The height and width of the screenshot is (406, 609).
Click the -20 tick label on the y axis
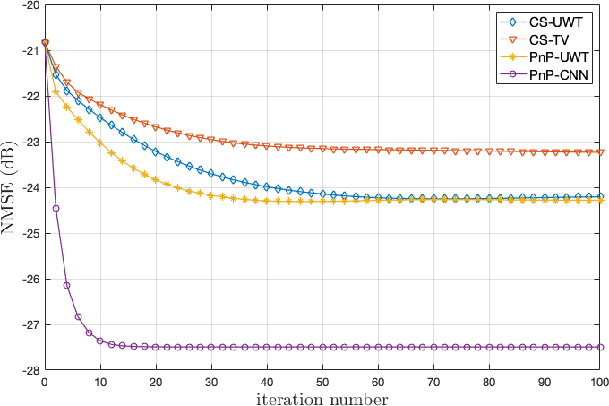(27, 5)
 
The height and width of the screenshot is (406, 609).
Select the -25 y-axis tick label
(27, 233)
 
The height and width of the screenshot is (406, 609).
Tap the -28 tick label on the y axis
(27, 370)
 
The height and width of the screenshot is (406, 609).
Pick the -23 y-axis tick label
(27, 142)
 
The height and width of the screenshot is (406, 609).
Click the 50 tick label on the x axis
(322, 381)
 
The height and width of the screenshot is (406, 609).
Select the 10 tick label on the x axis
(100, 381)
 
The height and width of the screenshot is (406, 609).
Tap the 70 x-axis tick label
(433, 381)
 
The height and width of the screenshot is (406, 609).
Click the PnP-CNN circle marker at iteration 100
(600, 347)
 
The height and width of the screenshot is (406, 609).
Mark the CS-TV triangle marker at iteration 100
(600, 152)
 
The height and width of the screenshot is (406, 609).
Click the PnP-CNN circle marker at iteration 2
(56, 208)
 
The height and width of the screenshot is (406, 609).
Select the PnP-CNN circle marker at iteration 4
(66, 285)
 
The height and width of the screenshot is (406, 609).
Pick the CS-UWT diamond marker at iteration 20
(156, 151)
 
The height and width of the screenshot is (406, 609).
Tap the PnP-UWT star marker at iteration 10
(100, 142)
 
